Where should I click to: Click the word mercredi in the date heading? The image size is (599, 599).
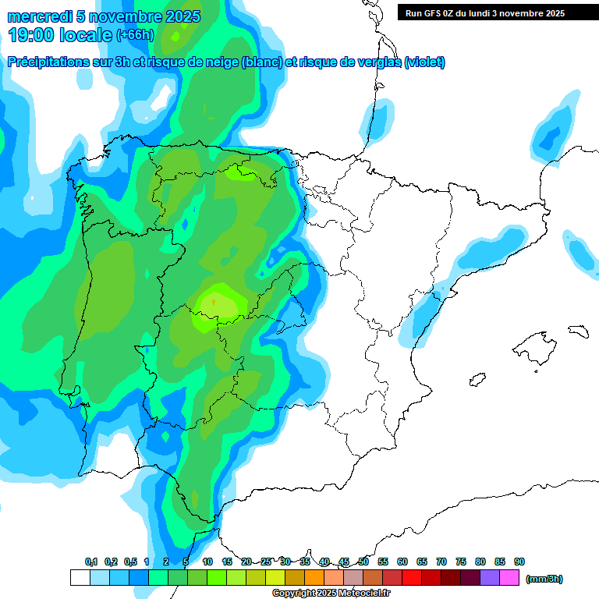pyautogui.click(x=41, y=16)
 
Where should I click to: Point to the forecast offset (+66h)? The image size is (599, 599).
pyautogui.click(x=135, y=35)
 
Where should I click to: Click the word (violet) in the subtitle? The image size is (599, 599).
pyautogui.click(x=425, y=62)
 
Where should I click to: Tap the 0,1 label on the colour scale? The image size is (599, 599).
pyautogui.click(x=91, y=562)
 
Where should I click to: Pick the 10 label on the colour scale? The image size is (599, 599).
pyautogui.click(x=207, y=562)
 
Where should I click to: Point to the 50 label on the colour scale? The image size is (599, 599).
pyautogui.click(x=363, y=562)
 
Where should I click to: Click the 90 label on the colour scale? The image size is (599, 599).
pyautogui.click(x=519, y=562)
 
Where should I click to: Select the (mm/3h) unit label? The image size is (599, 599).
pyautogui.click(x=544, y=579)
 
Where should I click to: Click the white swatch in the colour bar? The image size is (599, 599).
pyautogui.click(x=80, y=578)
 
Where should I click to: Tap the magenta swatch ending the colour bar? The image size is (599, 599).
pyautogui.click(x=509, y=578)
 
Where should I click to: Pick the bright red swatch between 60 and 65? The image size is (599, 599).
pyautogui.click(x=412, y=578)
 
